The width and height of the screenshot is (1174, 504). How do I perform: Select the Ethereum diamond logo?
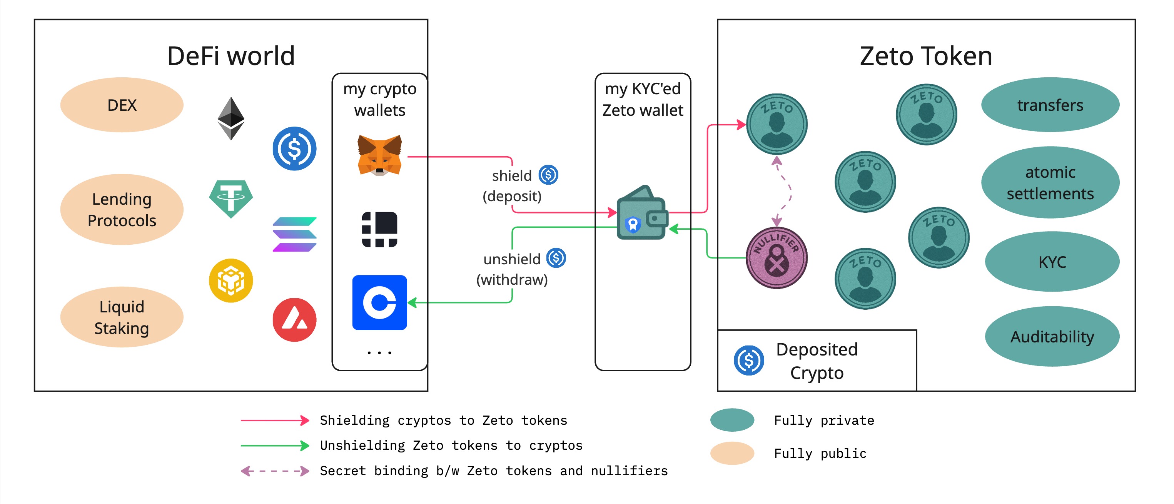pos(230,118)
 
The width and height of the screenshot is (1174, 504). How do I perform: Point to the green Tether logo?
pos(230,199)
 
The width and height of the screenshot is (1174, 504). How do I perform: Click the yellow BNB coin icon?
pos(230,280)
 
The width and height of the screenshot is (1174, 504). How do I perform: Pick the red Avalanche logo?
pos(294,320)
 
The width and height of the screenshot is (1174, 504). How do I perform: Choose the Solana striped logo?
pos(294,234)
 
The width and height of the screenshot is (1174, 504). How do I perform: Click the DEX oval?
pos(122,105)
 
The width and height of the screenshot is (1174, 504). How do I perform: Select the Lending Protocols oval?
pos(122,210)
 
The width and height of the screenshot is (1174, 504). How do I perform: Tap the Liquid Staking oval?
pos(122,317)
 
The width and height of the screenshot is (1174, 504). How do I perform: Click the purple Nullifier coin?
pos(777,258)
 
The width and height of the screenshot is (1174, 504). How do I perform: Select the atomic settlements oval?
pos(1050,182)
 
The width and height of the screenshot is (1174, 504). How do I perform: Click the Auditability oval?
pos(1052,336)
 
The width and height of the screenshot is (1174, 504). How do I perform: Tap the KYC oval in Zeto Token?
pos(1052,262)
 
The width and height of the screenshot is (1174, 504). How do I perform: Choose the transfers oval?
pos(1050,105)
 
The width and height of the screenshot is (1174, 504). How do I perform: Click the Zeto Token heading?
pos(926,56)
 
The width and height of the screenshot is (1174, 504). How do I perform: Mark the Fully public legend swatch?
pos(732,453)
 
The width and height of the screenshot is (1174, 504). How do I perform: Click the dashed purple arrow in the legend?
pos(275,471)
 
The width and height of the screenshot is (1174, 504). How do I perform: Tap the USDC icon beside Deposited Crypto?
pos(749,360)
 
